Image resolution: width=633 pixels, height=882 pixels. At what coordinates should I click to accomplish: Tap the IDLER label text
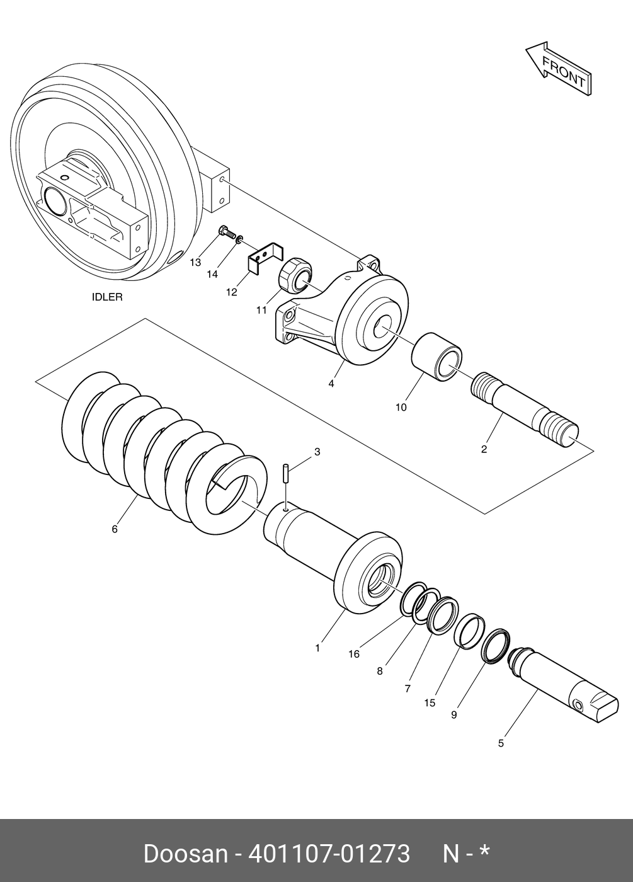point(107,297)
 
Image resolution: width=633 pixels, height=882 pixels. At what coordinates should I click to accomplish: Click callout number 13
point(196,262)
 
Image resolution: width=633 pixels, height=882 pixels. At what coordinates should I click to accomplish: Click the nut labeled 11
point(294,275)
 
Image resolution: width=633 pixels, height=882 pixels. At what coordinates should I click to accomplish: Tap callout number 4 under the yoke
point(331,383)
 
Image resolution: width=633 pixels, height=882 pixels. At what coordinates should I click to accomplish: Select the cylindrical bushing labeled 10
point(437,357)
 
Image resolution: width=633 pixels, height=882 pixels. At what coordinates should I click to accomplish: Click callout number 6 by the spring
point(115,529)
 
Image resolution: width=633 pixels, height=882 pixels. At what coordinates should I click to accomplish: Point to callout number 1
point(317,647)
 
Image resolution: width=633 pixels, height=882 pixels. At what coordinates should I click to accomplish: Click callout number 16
point(354,654)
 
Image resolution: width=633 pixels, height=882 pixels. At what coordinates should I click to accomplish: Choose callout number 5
point(501,743)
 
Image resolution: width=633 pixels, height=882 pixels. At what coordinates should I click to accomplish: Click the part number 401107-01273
point(329,854)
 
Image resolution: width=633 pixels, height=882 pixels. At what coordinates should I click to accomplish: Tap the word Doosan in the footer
point(185,854)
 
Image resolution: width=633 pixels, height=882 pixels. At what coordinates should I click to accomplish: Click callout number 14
point(212,274)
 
